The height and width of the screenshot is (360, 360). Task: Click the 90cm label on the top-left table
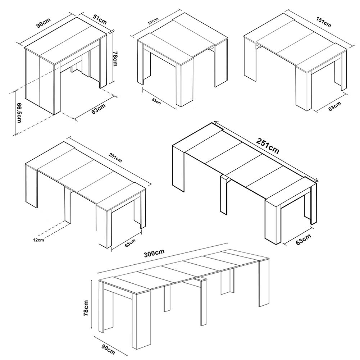coord(44,23)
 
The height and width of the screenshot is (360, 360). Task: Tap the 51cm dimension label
coord(100,19)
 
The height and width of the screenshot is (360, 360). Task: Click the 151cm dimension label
coord(324,22)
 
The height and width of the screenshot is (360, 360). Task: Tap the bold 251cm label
coord(268,146)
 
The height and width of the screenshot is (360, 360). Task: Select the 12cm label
coord(38,240)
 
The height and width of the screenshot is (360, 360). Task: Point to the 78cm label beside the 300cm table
coord(86,308)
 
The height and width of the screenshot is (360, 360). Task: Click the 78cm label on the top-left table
coord(114,59)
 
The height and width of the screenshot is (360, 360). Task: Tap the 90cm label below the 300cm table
coord(108,349)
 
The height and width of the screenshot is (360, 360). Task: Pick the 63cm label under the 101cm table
coord(156,101)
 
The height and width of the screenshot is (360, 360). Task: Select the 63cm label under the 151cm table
coord(334,106)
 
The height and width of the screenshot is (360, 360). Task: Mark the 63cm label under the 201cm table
coord(130,243)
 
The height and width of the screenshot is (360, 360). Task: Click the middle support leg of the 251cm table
coord(224,195)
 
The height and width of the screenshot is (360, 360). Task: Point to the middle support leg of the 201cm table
coord(68,205)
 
